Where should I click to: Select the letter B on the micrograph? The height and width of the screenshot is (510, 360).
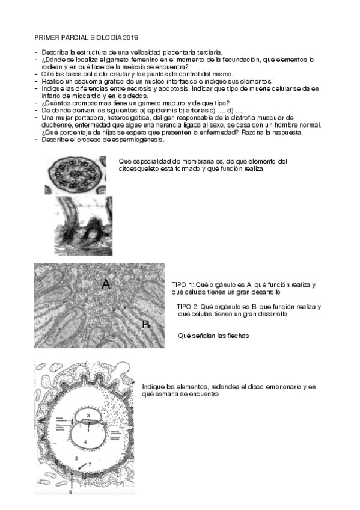(x=146, y=325)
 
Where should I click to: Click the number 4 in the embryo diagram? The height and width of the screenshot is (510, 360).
(x=85, y=442)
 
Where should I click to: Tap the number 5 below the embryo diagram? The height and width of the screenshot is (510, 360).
(x=69, y=492)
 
